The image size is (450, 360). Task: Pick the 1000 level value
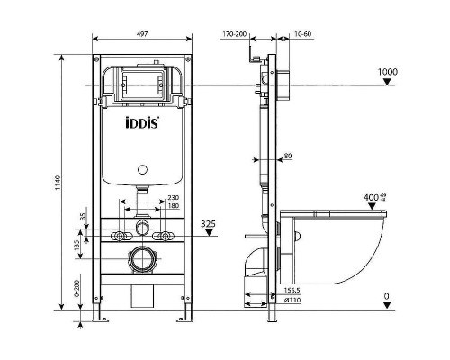388,72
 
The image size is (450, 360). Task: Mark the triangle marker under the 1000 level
388,83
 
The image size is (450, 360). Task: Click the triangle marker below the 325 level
209,233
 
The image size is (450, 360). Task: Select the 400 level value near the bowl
376,197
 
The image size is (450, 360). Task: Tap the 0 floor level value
386,296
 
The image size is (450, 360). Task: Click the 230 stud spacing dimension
174,198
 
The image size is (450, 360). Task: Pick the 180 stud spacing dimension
174,207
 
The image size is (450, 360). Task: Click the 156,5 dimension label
292,290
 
